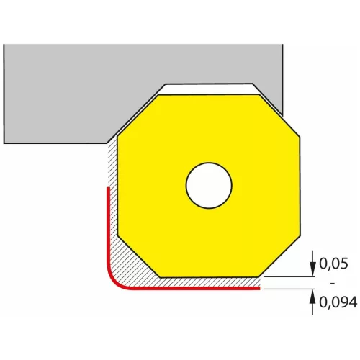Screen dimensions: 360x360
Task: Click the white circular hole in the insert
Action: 209,186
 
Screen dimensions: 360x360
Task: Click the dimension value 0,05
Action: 333,264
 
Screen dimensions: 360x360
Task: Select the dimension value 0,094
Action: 338,302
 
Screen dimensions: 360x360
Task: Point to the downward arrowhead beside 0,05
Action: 312,269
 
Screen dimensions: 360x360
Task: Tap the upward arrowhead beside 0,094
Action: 312,297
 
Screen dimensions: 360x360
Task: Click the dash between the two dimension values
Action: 333,284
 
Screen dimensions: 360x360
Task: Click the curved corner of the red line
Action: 114,280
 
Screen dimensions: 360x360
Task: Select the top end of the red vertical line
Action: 108,187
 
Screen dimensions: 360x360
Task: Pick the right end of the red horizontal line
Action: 259,288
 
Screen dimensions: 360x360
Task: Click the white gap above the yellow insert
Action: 209,89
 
